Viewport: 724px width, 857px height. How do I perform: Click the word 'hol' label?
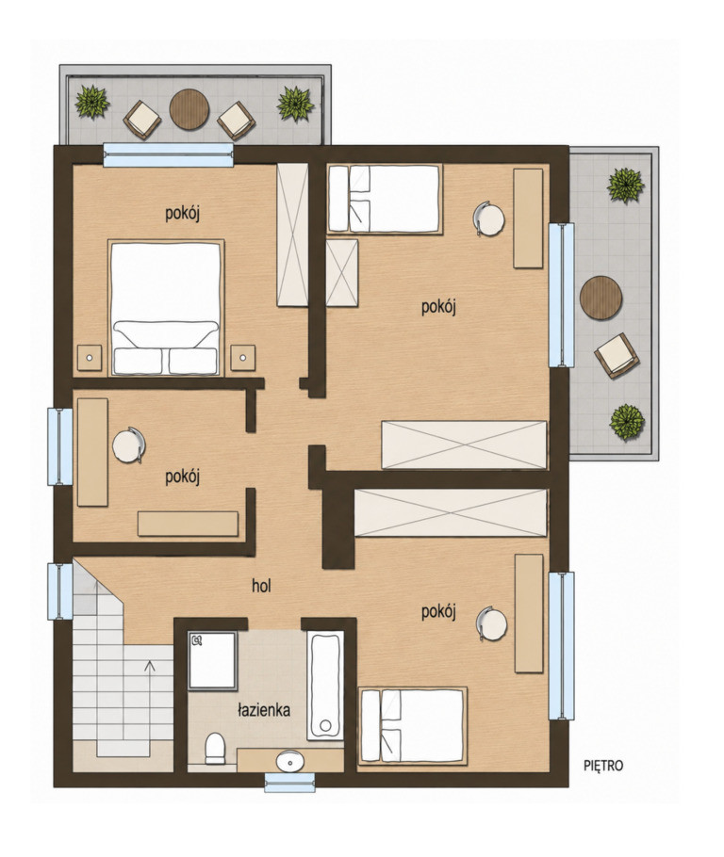click(261, 586)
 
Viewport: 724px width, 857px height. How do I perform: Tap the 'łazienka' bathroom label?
click(264, 710)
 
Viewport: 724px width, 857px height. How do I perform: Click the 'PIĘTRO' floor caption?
click(603, 766)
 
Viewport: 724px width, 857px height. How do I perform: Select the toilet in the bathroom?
click(215, 749)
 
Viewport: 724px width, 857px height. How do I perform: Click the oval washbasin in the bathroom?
click(290, 761)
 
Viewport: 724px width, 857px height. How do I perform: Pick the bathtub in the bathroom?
click(325, 686)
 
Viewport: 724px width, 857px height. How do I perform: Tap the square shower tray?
click(212, 660)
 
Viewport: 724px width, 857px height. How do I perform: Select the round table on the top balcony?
click(189, 109)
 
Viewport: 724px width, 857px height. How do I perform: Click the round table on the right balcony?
click(601, 298)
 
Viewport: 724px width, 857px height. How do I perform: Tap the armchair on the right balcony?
click(617, 355)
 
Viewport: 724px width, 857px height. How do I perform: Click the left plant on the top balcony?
click(92, 102)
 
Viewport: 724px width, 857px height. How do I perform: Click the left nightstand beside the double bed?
click(90, 358)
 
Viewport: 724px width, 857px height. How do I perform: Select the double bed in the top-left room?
click(166, 308)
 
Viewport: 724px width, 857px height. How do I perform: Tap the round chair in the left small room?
click(129, 445)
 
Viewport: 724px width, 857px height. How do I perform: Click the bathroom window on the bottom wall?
click(290, 783)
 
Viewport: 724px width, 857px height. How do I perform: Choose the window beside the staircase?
click(60, 591)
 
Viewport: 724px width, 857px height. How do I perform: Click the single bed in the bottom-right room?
click(413, 725)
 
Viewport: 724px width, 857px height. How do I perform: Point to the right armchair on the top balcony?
click(237, 121)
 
